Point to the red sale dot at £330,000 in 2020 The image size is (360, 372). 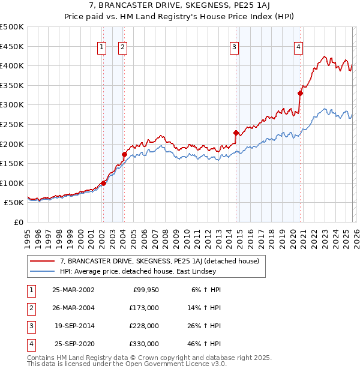pos(301,93)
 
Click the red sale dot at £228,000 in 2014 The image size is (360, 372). pos(236,133)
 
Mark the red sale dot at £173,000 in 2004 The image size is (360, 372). pos(124,154)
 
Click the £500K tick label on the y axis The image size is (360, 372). pos(12,27)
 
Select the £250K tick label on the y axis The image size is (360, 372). pos(12,124)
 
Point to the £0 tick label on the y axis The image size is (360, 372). pos(18,222)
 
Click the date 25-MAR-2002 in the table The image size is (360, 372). pos(73,290)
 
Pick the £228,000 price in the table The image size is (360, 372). pos(144,326)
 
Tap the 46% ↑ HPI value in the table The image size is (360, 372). pos(206,344)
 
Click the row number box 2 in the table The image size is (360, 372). pos(29,308)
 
